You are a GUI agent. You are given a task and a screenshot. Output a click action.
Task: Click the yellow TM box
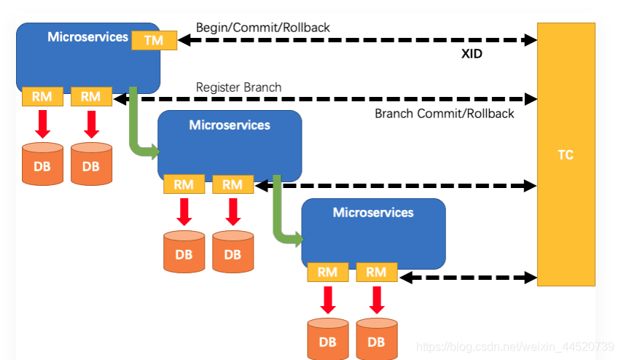(x=154, y=40)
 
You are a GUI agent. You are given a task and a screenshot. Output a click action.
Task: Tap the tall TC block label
(x=565, y=154)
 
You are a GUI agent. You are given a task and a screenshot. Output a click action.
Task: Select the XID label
(x=471, y=54)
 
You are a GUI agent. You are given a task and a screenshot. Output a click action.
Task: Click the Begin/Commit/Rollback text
(x=262, y=28)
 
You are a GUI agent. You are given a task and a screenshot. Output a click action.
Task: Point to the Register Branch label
(x=238, y=87)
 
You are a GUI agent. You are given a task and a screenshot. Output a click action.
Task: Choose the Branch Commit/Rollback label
(x=444, y=114)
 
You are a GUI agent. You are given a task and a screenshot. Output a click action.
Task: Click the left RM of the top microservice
(x=42, y=96)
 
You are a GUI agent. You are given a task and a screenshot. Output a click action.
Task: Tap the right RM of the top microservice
(x=90, y=96)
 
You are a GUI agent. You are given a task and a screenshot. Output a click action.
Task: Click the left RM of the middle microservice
(x=184, y=185)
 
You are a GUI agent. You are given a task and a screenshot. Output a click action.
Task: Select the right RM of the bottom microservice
(x=376, y=273)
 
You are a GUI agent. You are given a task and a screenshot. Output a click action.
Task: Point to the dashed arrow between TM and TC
(x=356, y=40)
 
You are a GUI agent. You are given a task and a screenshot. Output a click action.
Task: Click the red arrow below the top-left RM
(x=43, y=123)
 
